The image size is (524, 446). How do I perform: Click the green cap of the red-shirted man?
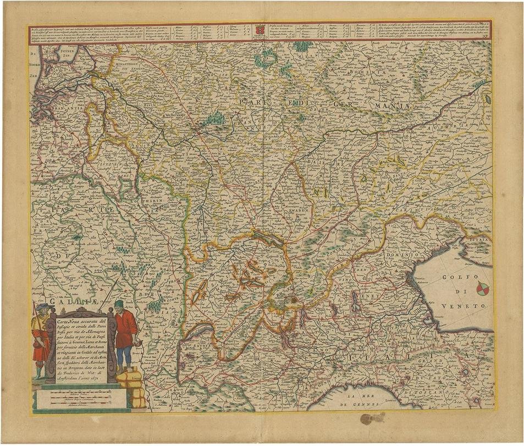120,302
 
